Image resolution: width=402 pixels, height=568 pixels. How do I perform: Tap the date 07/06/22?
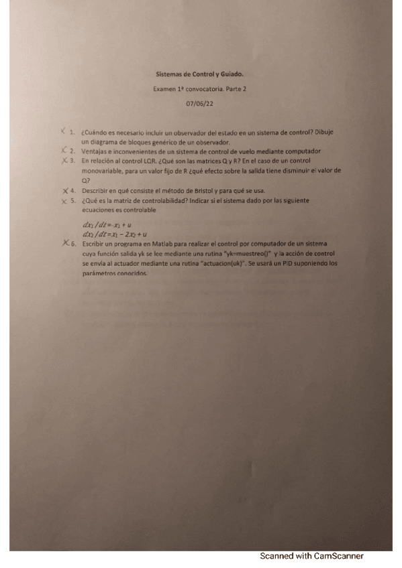[199, 103]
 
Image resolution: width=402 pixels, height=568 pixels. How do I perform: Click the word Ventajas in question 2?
[93, 151]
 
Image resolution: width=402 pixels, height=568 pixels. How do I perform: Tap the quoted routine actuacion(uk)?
[228, 264]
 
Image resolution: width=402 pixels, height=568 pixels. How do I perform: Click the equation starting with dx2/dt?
[111, 235]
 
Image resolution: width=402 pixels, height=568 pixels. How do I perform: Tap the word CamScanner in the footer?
[338, 555]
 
